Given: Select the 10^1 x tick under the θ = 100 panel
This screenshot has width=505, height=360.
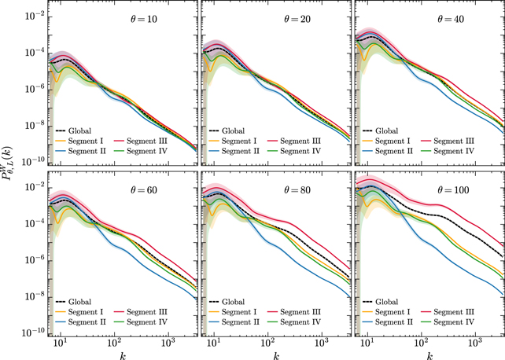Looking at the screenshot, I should pos(367,344).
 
